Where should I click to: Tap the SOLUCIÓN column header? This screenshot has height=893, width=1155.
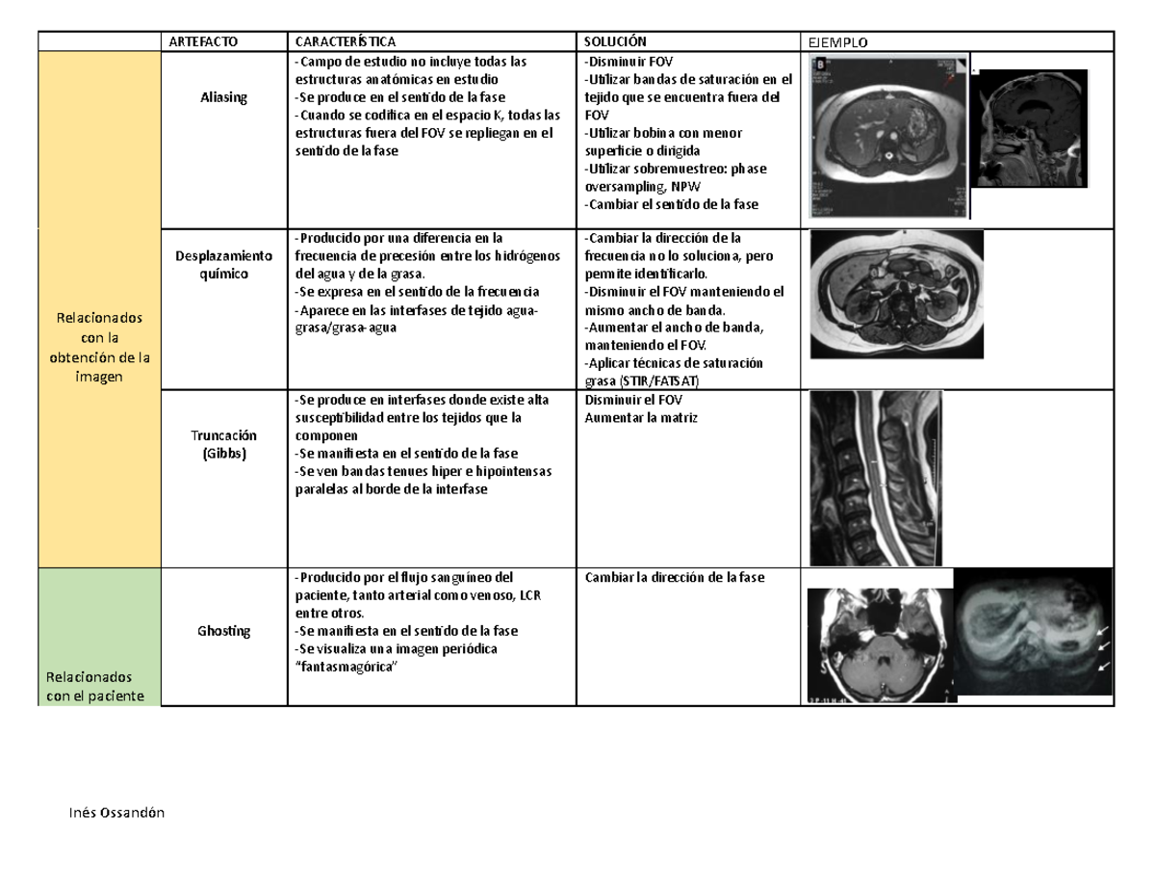[615, 40]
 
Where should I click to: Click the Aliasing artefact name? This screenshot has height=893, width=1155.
[223, 97]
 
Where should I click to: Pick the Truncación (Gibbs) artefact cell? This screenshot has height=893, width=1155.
[223, 444]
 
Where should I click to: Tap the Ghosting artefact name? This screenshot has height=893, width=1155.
[223, 631]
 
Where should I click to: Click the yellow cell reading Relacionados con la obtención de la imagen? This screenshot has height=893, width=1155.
[97, 347]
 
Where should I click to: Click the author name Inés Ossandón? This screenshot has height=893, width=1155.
[109, 813]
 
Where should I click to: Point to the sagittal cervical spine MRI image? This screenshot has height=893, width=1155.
[875, 478]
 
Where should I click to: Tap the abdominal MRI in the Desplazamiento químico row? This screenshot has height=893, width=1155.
[896, 293]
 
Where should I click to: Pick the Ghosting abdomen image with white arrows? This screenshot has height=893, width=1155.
[1033, 634]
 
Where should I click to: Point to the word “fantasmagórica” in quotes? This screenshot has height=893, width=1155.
[344, 667]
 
